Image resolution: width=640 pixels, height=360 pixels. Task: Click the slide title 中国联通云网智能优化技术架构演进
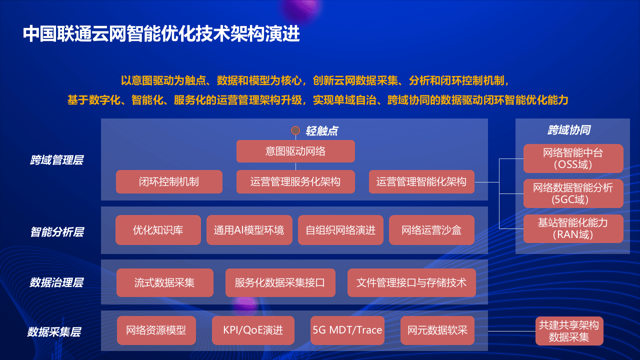tap(161, 34)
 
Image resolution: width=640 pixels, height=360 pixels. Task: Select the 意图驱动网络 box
tap(295, 151)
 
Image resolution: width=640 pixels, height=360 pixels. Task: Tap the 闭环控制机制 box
tap(169, 181)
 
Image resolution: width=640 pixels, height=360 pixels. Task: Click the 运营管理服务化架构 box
tap(295, 181)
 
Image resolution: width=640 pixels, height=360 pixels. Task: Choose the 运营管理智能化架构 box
tap(421, 181)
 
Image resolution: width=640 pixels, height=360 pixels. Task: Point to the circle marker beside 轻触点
tap(295, 130)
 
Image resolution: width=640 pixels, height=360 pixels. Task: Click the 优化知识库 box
tap(158, 230)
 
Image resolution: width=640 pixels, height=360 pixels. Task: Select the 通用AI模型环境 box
tap(249, 230)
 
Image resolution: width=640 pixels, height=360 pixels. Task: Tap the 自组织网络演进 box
tap(340, 230)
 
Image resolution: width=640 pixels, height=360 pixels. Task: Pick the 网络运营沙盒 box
tap(431, 230)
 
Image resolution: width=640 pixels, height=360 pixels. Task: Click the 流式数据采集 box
tap(164, 282)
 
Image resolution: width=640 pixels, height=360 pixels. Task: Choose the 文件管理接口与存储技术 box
tap(411, 282)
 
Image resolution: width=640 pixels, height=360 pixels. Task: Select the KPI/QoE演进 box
tap(253, 330)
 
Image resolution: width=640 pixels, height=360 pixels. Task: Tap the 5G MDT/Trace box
tap(347, 330)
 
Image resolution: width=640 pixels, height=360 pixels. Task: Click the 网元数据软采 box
tap(437, 330)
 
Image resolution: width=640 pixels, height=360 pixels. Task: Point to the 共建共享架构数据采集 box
tap(569, 331)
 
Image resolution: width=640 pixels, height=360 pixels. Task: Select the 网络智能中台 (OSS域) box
tap(573, 158)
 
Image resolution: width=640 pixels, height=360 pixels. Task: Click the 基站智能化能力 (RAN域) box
tap(573, 228)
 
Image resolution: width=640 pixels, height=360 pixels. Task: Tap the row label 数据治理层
tap(56, 282)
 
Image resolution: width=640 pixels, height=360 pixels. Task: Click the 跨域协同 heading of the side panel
tap(569, 130)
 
